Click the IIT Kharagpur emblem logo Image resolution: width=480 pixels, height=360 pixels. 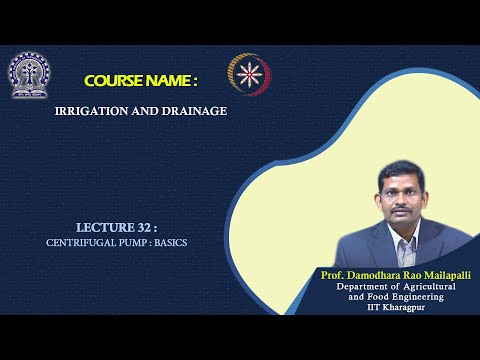29,75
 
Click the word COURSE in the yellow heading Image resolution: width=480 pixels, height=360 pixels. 115,79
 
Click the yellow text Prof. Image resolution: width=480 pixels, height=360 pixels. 334,274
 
